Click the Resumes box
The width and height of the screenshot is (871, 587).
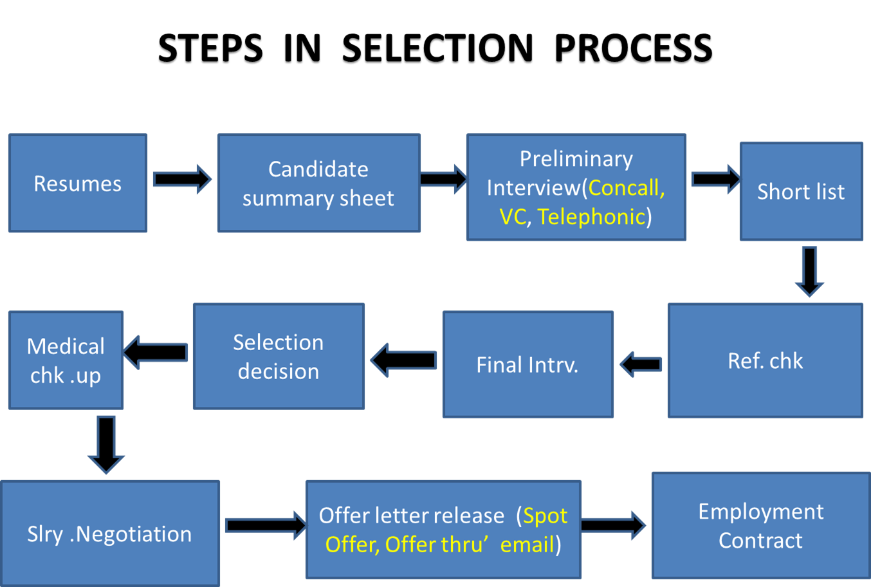pyautogui.click(x=78, y=183)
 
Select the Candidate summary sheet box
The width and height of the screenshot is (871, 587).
pyautogui.click(x=318, y=183)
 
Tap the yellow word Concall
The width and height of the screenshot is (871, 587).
pyautogui.click(x=625, y=188)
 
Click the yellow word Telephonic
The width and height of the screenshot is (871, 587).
pyautogui.click(x=591, y=217)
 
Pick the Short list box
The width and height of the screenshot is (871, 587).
pyautogui.click(x=801, y=192)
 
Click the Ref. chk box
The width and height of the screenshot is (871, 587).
pyautogui.click(x=765, y=360)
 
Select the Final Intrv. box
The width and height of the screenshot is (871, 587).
pyautogui.click(x=527, y=365)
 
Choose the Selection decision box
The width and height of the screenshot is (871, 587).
pyautogui.click(x=279, y=357)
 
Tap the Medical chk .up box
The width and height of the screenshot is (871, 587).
pyautogui.click(x=66, y=360)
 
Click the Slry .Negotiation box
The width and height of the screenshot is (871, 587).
pyautogui.click(x=109, y=534)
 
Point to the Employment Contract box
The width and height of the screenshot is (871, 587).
pyautogui.click(x=760, y=526)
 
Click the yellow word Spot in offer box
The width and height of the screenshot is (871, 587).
pyautogui.click(x=545, y=516)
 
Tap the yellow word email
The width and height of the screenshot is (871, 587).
pyautogui.click(x=527, y=545)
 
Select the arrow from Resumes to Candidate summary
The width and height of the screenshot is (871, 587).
pyautogui.click(x=182, y=179)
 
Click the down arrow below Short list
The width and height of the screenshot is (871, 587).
pyautogui.click(x=809, y=271)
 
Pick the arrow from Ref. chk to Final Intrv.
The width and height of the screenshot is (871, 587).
pyautogui.click(x=640, y=364)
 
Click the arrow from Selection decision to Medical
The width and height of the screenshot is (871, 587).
pyautogui.click(x=155, y=352)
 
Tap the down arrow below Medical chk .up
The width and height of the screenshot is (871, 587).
pyautogui.click(x=106, y=444)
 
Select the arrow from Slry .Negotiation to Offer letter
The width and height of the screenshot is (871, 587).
pyautogui.click(x=266, y=525)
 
